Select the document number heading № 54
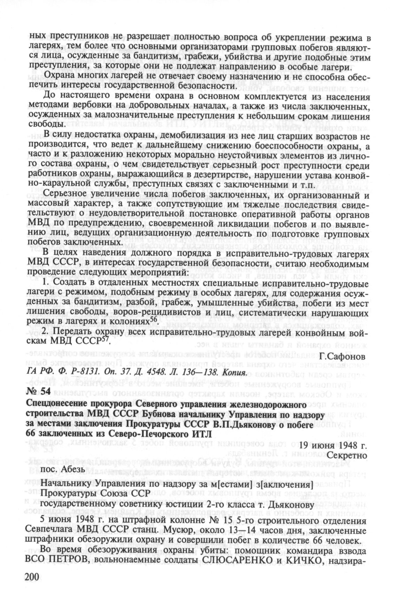click(38, 391)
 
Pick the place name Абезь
click(71, 468)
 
